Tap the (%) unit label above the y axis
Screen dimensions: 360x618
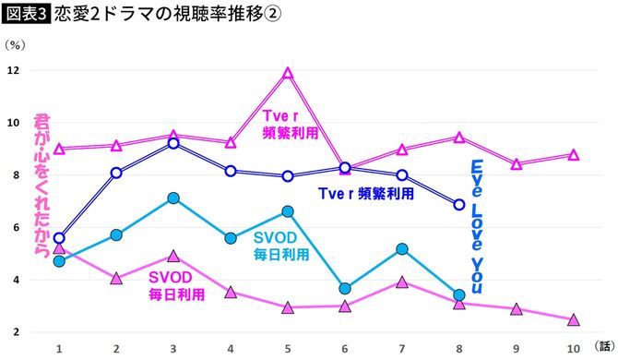(x=15, y=43)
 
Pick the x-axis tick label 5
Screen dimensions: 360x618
(x=288, y=348)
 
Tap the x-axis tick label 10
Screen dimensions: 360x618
(x=573, y=348)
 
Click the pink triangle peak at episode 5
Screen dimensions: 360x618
(x=288, y=73)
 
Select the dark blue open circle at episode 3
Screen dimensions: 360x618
(x=173, y=143)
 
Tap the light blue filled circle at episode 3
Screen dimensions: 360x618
(x=173, y=198)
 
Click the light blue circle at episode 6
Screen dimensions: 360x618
(x=344, y=289)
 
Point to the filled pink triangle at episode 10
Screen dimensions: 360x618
(x=573, y=319)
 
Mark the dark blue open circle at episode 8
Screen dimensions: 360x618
(x=458, y=205)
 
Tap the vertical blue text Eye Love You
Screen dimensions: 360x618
(x=478, y=226)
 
